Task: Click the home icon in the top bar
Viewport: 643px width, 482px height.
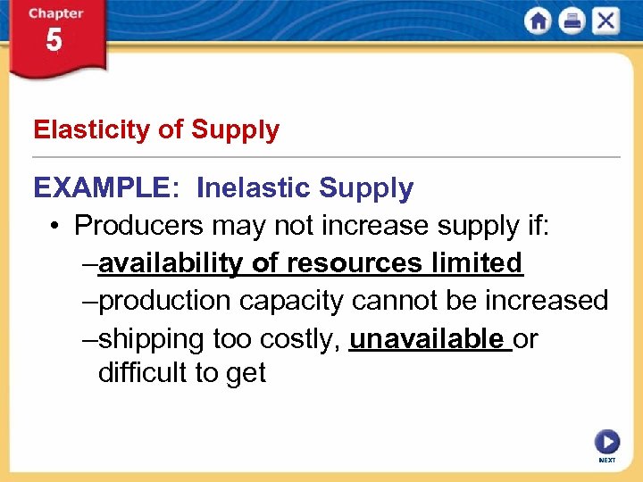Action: (x=538, y=21)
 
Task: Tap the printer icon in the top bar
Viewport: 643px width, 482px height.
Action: (x=572, y=21)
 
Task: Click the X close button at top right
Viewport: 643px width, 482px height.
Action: (x=605, y=21)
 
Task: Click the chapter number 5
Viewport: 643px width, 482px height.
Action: (x=54, y=41)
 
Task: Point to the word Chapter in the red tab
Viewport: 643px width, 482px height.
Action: (x=55, y=13)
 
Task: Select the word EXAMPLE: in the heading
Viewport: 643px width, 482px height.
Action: (x=107, y=188)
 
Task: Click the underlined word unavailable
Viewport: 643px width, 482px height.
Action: (x=427, y=339)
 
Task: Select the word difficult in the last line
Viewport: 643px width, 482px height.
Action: (x=142, y=373)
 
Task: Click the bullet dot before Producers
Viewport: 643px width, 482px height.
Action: (x=55, y=227)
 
